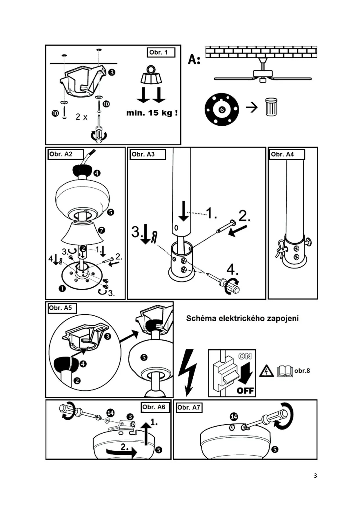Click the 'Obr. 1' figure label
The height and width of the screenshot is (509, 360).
click(x=161, y=53)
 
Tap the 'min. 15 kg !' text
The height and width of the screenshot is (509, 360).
click(x=152, y=113)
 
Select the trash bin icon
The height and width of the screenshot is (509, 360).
click(x=271, y=107)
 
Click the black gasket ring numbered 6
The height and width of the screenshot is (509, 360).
click(x=222, y=109)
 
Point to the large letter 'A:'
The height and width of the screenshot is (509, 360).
click(x=194, y=59)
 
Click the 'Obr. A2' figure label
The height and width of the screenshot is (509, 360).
click(x=65, y=154)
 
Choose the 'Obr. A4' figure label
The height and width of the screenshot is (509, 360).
click(x=286, y=154)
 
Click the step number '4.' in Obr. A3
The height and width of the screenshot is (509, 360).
click(x=232, y=270)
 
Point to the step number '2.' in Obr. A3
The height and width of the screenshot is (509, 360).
click(x=244, y=216)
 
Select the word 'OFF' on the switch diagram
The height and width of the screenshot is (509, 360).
click(x=245, y=391)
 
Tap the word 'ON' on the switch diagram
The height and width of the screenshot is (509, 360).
click(x=245, y=356)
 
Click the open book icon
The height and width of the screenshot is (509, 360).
click(x=285, y=371)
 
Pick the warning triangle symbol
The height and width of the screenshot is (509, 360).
click(x=266, y=371)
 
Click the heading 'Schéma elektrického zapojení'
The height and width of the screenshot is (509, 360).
click(x=242, y=318)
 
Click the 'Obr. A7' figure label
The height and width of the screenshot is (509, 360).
click(x=189, y=407)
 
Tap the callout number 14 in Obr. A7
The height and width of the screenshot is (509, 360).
click(x=234, y=417)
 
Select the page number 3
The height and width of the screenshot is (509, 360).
click(x=315, y=476)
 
